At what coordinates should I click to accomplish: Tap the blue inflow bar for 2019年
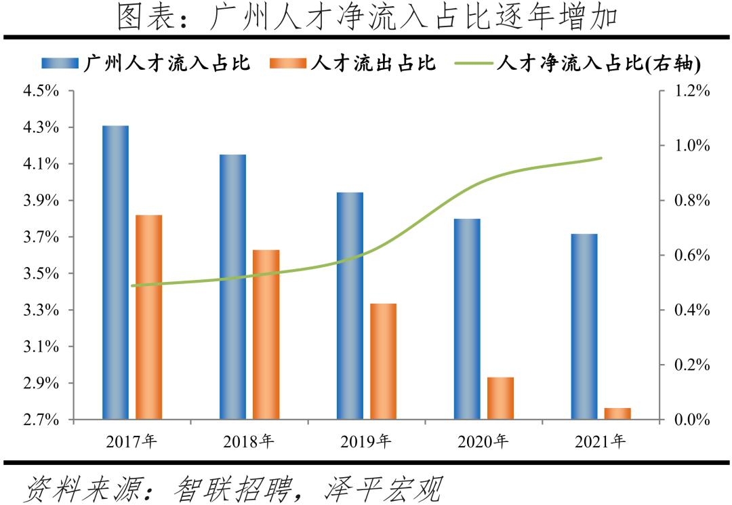click(350, 306)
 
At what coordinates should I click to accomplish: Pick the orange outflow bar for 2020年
click(501, 399)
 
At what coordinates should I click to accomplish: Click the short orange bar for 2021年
click(617, 413)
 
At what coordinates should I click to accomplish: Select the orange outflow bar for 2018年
click(266, 335)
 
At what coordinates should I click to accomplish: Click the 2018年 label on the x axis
click(249, 442)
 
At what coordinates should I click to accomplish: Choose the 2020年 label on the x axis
click(483, 442)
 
